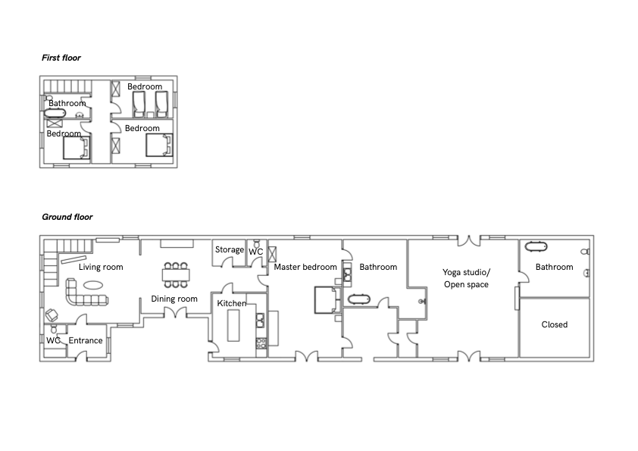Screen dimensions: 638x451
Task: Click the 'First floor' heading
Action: coord(61,58)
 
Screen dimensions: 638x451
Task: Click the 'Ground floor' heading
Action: coord(67,217)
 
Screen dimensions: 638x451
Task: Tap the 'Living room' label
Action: coord(101,267)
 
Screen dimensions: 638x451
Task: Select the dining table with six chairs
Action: coord(176,274)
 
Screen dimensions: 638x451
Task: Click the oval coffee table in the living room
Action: coord(93,285)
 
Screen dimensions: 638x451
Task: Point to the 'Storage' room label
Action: coord(230,249)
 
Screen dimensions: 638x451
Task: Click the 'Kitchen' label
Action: coord(232,304)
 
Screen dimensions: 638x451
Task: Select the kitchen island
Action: coord(233,325)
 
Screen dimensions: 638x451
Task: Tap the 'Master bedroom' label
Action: coord(305,267)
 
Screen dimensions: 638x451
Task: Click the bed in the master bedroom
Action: coord(327,300)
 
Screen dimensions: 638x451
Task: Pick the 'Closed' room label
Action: coord(554,324)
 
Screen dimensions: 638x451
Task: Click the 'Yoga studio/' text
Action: coord(467,272)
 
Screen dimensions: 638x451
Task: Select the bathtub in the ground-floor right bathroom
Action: coord(536,246)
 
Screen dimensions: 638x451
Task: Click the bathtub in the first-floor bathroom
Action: coord(55,113)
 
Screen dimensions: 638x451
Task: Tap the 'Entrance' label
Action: coord(86,340)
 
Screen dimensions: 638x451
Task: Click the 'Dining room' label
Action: coord(174,299)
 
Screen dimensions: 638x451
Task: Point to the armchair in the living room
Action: coord(52,315)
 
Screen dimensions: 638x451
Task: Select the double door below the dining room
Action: coord(175,313)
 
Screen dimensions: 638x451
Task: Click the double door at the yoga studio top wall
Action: coord(469,240)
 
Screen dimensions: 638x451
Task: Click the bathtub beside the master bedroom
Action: coord(359,300)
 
